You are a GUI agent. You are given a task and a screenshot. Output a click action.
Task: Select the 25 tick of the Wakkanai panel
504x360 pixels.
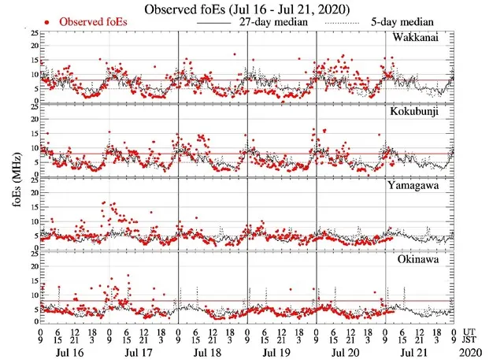[34, 34]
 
